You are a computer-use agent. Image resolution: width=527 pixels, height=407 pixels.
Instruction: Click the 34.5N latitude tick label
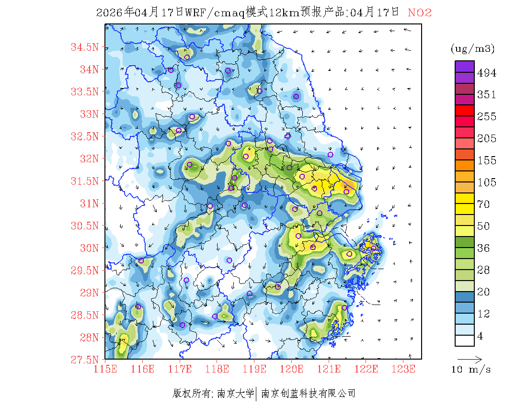tap(85, 47)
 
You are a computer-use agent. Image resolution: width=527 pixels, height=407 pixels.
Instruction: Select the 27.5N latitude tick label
tap(85, 359)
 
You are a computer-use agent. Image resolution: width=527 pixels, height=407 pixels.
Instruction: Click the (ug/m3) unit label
tap(472, 49)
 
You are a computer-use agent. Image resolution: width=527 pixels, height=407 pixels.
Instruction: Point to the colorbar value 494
tap(487, 73)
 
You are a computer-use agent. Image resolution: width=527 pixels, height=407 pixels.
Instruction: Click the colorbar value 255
tap(487, 117)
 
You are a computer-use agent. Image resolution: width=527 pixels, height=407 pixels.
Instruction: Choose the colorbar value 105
tap(487, 182)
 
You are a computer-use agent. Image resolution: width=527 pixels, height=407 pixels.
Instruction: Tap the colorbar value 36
tap(484, 248)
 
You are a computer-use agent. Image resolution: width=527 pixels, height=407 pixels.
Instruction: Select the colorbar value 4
tap(481, 336)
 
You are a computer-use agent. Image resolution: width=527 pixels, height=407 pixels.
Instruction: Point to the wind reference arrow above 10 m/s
tap(470, 359)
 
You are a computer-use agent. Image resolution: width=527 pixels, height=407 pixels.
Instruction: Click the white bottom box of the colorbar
tap(464, 340)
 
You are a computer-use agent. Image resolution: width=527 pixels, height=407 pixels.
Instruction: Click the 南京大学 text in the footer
tap(236, 394)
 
